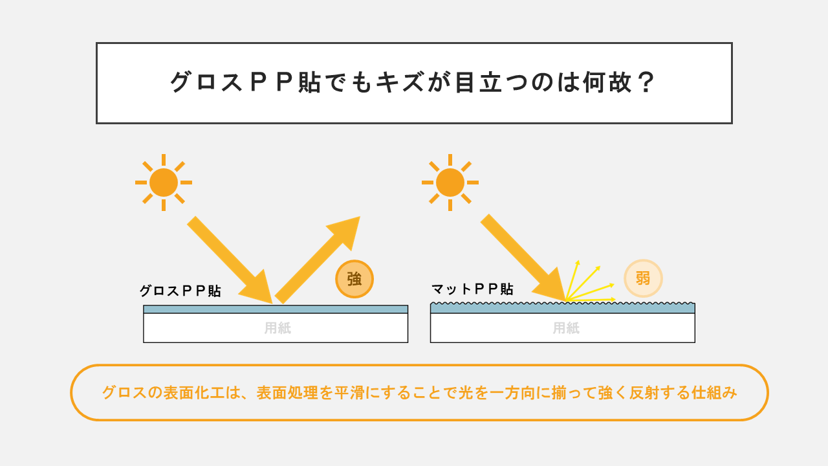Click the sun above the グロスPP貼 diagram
(x=164, y=183)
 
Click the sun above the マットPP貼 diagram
(x=450, y=183)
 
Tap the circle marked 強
(x=354, y=279)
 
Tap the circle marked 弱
(x=643, y=278)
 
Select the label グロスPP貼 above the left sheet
(x=180, y=291)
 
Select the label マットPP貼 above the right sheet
(x=472, y=289)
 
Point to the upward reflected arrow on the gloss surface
(x=318, y=260)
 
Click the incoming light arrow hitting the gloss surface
(x=230, y=260)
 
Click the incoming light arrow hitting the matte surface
(x=523, y=258)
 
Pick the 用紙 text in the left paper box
(x=278, y=328)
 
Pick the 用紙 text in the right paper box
(x=566, y=328)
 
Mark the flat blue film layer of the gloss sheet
(x=276, y=309)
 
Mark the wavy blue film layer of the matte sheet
(x=563, y=308)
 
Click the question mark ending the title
(x=646, y=82)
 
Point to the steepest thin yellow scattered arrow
(x=572, y=280)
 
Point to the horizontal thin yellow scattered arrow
(x=591, y=299)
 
